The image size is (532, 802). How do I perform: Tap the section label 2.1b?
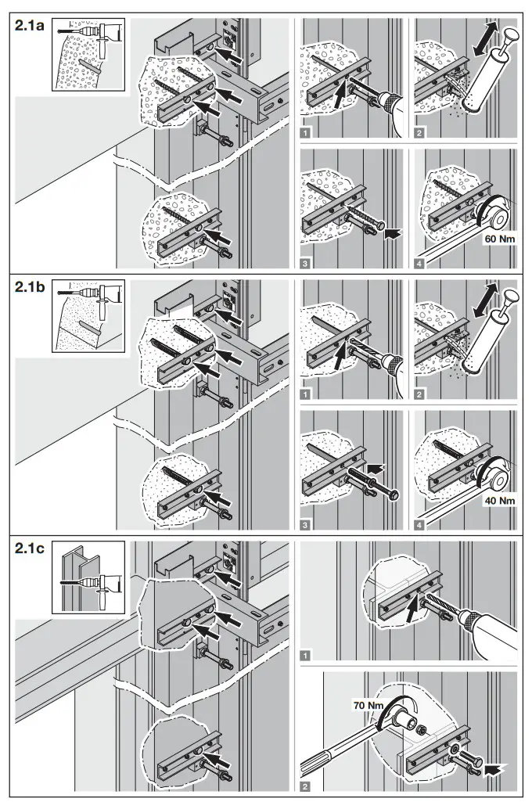[31, 287]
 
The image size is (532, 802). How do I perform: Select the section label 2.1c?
[31, 549]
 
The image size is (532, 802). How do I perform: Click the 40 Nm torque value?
[495, 499]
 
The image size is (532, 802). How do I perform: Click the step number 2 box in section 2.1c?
[305, 785]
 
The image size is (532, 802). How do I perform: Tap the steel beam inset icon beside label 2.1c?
[88, 577]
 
